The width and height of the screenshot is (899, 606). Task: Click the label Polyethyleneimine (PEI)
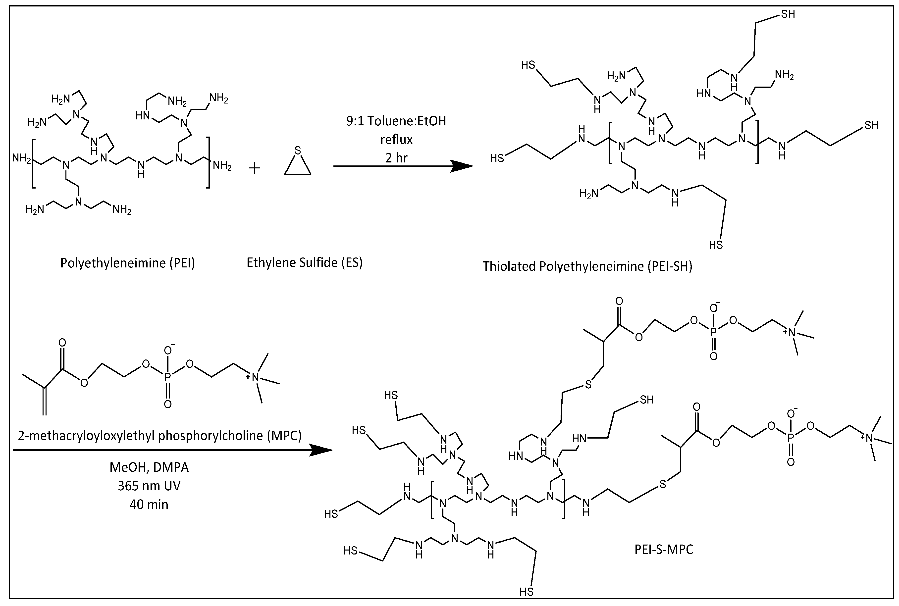[128, 263]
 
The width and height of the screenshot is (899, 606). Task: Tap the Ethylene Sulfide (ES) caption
[305, 263]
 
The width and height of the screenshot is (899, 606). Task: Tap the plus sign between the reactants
[254, 168]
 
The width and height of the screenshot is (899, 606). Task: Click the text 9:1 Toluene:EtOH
[396, 121]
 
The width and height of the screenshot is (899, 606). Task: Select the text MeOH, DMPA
[149, 467]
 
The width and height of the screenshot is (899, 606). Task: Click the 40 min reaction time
[149, 504]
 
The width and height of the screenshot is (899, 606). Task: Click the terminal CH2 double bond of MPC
[45, 402]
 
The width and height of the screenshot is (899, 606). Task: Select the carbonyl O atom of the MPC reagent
[62, 343]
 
